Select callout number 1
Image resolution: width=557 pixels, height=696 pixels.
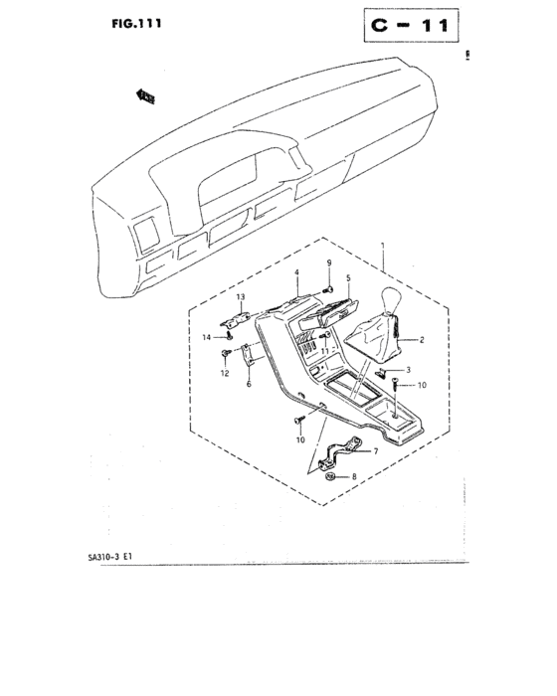pyautogui.click(x=383, y=244)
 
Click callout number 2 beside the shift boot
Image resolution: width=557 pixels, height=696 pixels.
pyautogui.click(x=422, y=340)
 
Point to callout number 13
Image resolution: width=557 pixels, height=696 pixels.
pyautogui.click(x=239, y=297)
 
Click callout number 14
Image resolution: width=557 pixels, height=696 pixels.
pyautogui.click(x=205, y=338)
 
